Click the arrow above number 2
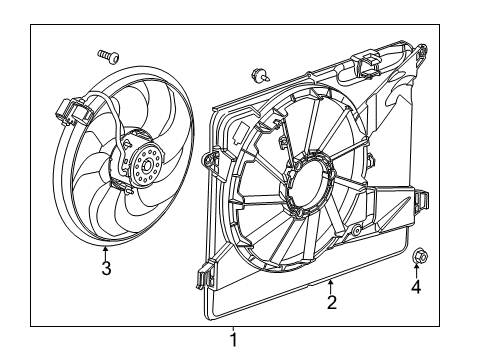(331, 284)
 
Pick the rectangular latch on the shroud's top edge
(367, 66)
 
